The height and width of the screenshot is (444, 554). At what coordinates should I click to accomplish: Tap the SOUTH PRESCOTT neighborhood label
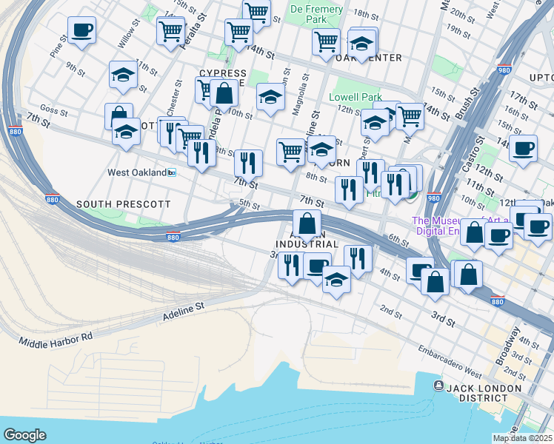tap(124, 203)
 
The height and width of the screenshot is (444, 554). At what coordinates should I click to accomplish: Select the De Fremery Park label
tap(309, 13)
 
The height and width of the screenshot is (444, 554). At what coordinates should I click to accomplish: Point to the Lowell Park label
tap(355, 97)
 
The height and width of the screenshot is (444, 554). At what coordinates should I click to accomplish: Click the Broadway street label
tap(509, 343)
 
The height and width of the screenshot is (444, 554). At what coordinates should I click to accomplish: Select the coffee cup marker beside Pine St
tap(81, 30)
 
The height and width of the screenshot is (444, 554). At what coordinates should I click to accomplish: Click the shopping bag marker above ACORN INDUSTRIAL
tap(307, 223)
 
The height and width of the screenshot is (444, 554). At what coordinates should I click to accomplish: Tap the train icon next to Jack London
tap(438, 386)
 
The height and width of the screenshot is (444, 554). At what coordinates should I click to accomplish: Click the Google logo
tap(24, 435)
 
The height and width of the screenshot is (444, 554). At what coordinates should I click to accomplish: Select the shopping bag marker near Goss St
tap(119, 116)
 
